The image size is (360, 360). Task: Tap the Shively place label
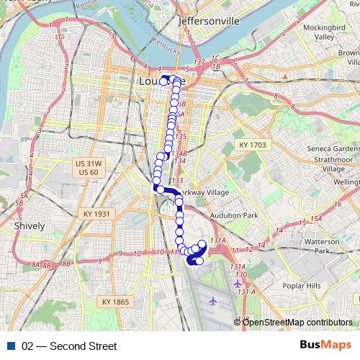pyautogui.click(x=30, y=225)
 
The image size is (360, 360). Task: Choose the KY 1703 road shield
pyautogui.click(x=252, y=145)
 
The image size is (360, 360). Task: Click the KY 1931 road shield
pyautogui.click(x=96, y=214)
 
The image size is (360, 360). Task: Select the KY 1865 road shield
pyautogui.click(x=115, y=302)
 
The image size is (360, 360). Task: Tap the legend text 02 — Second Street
pyautogui.click(x=69, y=346)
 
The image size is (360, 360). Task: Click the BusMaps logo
pyautogui.click(x=325, y=346)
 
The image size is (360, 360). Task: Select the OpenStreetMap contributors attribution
pyautogui.click(x=297, y=322)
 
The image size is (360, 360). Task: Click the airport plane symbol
pyautogui.click(x=212, y=300)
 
